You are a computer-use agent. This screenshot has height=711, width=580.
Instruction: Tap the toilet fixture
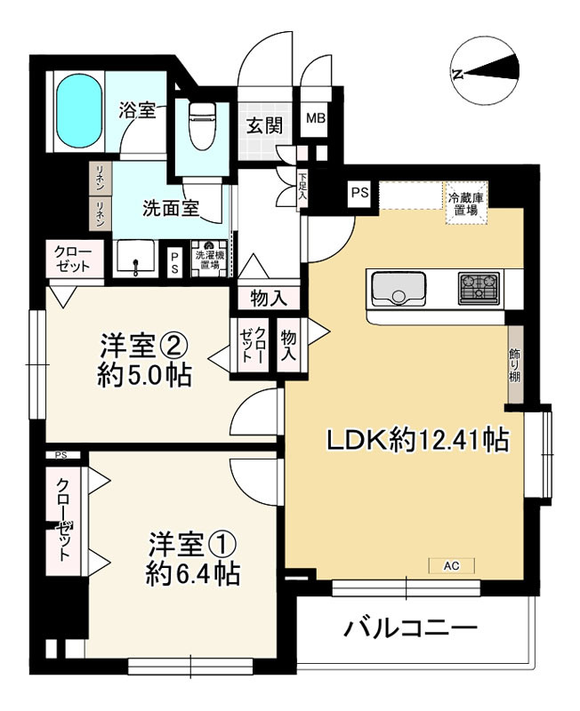[201, 127]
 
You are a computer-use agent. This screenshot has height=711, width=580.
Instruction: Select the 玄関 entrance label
[263, 124]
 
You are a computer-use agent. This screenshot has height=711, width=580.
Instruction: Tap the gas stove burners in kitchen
[479, 287]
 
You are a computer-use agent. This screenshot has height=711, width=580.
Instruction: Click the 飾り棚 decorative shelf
[516, 365]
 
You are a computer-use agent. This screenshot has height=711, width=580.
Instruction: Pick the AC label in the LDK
[452, 565]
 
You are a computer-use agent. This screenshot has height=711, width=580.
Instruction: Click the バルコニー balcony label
[411, 628]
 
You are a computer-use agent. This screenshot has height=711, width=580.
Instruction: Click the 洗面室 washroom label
[171, 210]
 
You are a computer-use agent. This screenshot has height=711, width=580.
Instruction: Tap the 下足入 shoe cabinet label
[302, 187]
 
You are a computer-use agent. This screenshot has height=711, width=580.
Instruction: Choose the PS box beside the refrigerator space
[359, 192]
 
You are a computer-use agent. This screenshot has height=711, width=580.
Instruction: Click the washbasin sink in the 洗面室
[135, 260]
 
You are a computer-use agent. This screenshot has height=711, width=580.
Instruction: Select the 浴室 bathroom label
[138, 111]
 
